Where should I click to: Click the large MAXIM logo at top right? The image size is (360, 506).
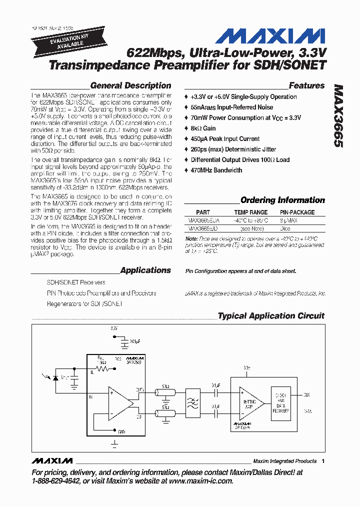[x=271, y=36]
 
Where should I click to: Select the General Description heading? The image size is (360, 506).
[x=130, y=85]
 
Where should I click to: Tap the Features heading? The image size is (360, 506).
[x=306, y=85]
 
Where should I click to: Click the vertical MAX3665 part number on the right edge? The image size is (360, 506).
[x=338, y=115]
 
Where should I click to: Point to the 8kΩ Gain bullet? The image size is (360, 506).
[x=203, y=128]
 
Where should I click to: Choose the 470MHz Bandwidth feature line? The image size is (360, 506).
[x=216, y=170]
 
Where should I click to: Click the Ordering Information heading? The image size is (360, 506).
[x=282, y=200]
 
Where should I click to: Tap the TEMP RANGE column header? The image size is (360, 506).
[x=251, y=212]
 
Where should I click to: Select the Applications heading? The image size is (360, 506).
[x=145, y=270]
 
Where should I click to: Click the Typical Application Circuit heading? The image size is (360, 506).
[x=271, y=316]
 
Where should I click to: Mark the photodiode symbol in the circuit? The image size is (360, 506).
[x=56, y=376]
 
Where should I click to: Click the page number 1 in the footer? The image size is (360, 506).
[x=323, y=461]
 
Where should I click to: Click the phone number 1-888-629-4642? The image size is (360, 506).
[x=55, y=481]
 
